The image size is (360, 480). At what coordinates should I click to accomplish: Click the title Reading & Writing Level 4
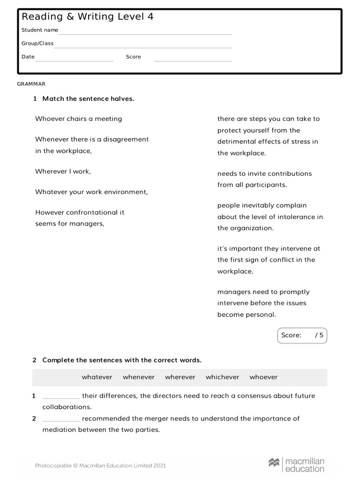click(x=87, y=17)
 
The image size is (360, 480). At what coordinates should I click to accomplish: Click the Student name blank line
click(x=145, y=33)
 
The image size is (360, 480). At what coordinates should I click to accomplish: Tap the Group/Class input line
click(x=143, y=46)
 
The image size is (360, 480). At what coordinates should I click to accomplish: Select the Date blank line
click(x=74, y=60)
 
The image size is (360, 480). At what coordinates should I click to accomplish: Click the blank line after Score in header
click(x=193, y=60)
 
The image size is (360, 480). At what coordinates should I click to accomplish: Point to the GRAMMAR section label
click(x=31, y=84)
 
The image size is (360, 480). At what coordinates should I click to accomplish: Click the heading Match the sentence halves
click(x=88, y=99)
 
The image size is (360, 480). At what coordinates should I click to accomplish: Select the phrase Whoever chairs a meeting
click(x=78, y=119)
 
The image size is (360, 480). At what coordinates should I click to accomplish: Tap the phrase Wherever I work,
click(x=63, y=172)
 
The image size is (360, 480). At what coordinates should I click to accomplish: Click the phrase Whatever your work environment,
click(x=91, y=192)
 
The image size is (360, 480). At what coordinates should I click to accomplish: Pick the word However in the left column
click(x=49, y=212)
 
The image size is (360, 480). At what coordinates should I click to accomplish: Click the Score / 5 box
click(x=302, y=335)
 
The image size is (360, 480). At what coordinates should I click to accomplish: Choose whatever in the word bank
click(x=97, y=377)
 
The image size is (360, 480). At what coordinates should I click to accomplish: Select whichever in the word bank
click(x=222, y=377)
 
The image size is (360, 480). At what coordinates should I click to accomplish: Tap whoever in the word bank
click(x=263, y=377)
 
